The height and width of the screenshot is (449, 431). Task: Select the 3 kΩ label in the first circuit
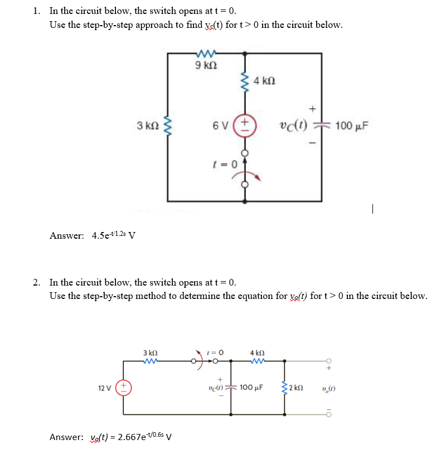click(147, 125)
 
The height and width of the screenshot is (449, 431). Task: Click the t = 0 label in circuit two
click(215, 353)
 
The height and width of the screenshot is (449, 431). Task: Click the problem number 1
click(36, 11)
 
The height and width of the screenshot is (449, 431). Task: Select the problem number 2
click(36, 282)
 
